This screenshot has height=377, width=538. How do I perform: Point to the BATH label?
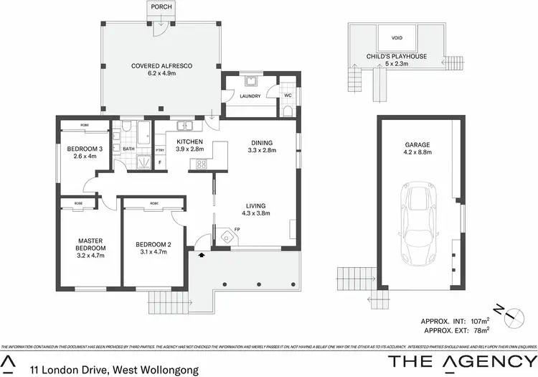click(129, 149)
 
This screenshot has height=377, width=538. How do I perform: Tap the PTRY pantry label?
click(160, 149)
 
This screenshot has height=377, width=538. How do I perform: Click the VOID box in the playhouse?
click(397, 38)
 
